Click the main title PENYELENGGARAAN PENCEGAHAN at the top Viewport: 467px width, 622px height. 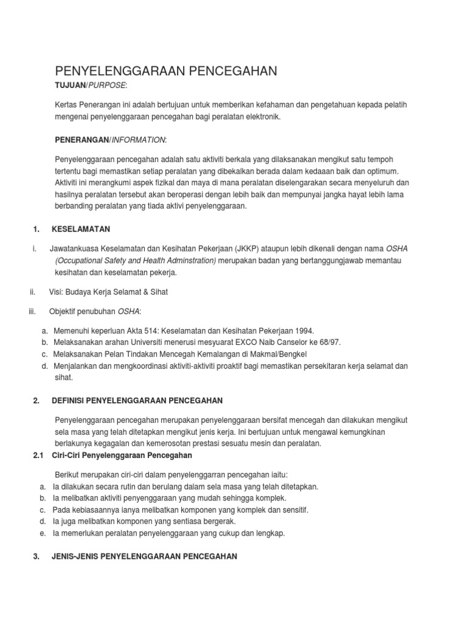(166, 71)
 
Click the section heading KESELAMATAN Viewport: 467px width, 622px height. (81, 229)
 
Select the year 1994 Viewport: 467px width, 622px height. (303, 330)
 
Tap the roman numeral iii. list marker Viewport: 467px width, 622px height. (33, 311)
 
